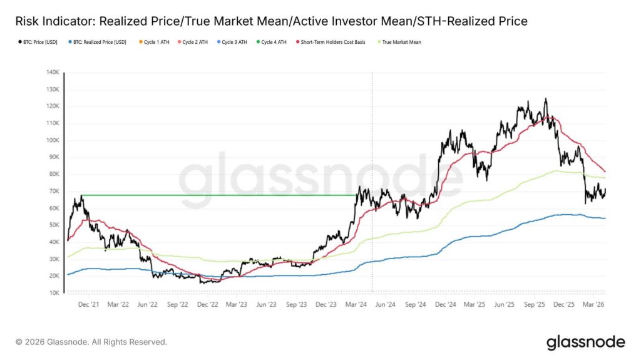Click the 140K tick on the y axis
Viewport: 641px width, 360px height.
tap(51, 72)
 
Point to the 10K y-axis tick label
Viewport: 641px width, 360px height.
tap(53, 292)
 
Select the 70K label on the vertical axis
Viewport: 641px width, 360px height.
tap(53, 191)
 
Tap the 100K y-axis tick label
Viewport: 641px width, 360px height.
tap(51, 140)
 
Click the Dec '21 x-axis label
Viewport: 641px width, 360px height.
tap(88, 304)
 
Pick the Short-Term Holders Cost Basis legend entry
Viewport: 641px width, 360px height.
tap(332, 43)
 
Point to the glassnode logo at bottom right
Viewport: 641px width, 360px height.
tap(585, 342)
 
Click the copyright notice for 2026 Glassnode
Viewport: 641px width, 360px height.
tap(91, 342)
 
